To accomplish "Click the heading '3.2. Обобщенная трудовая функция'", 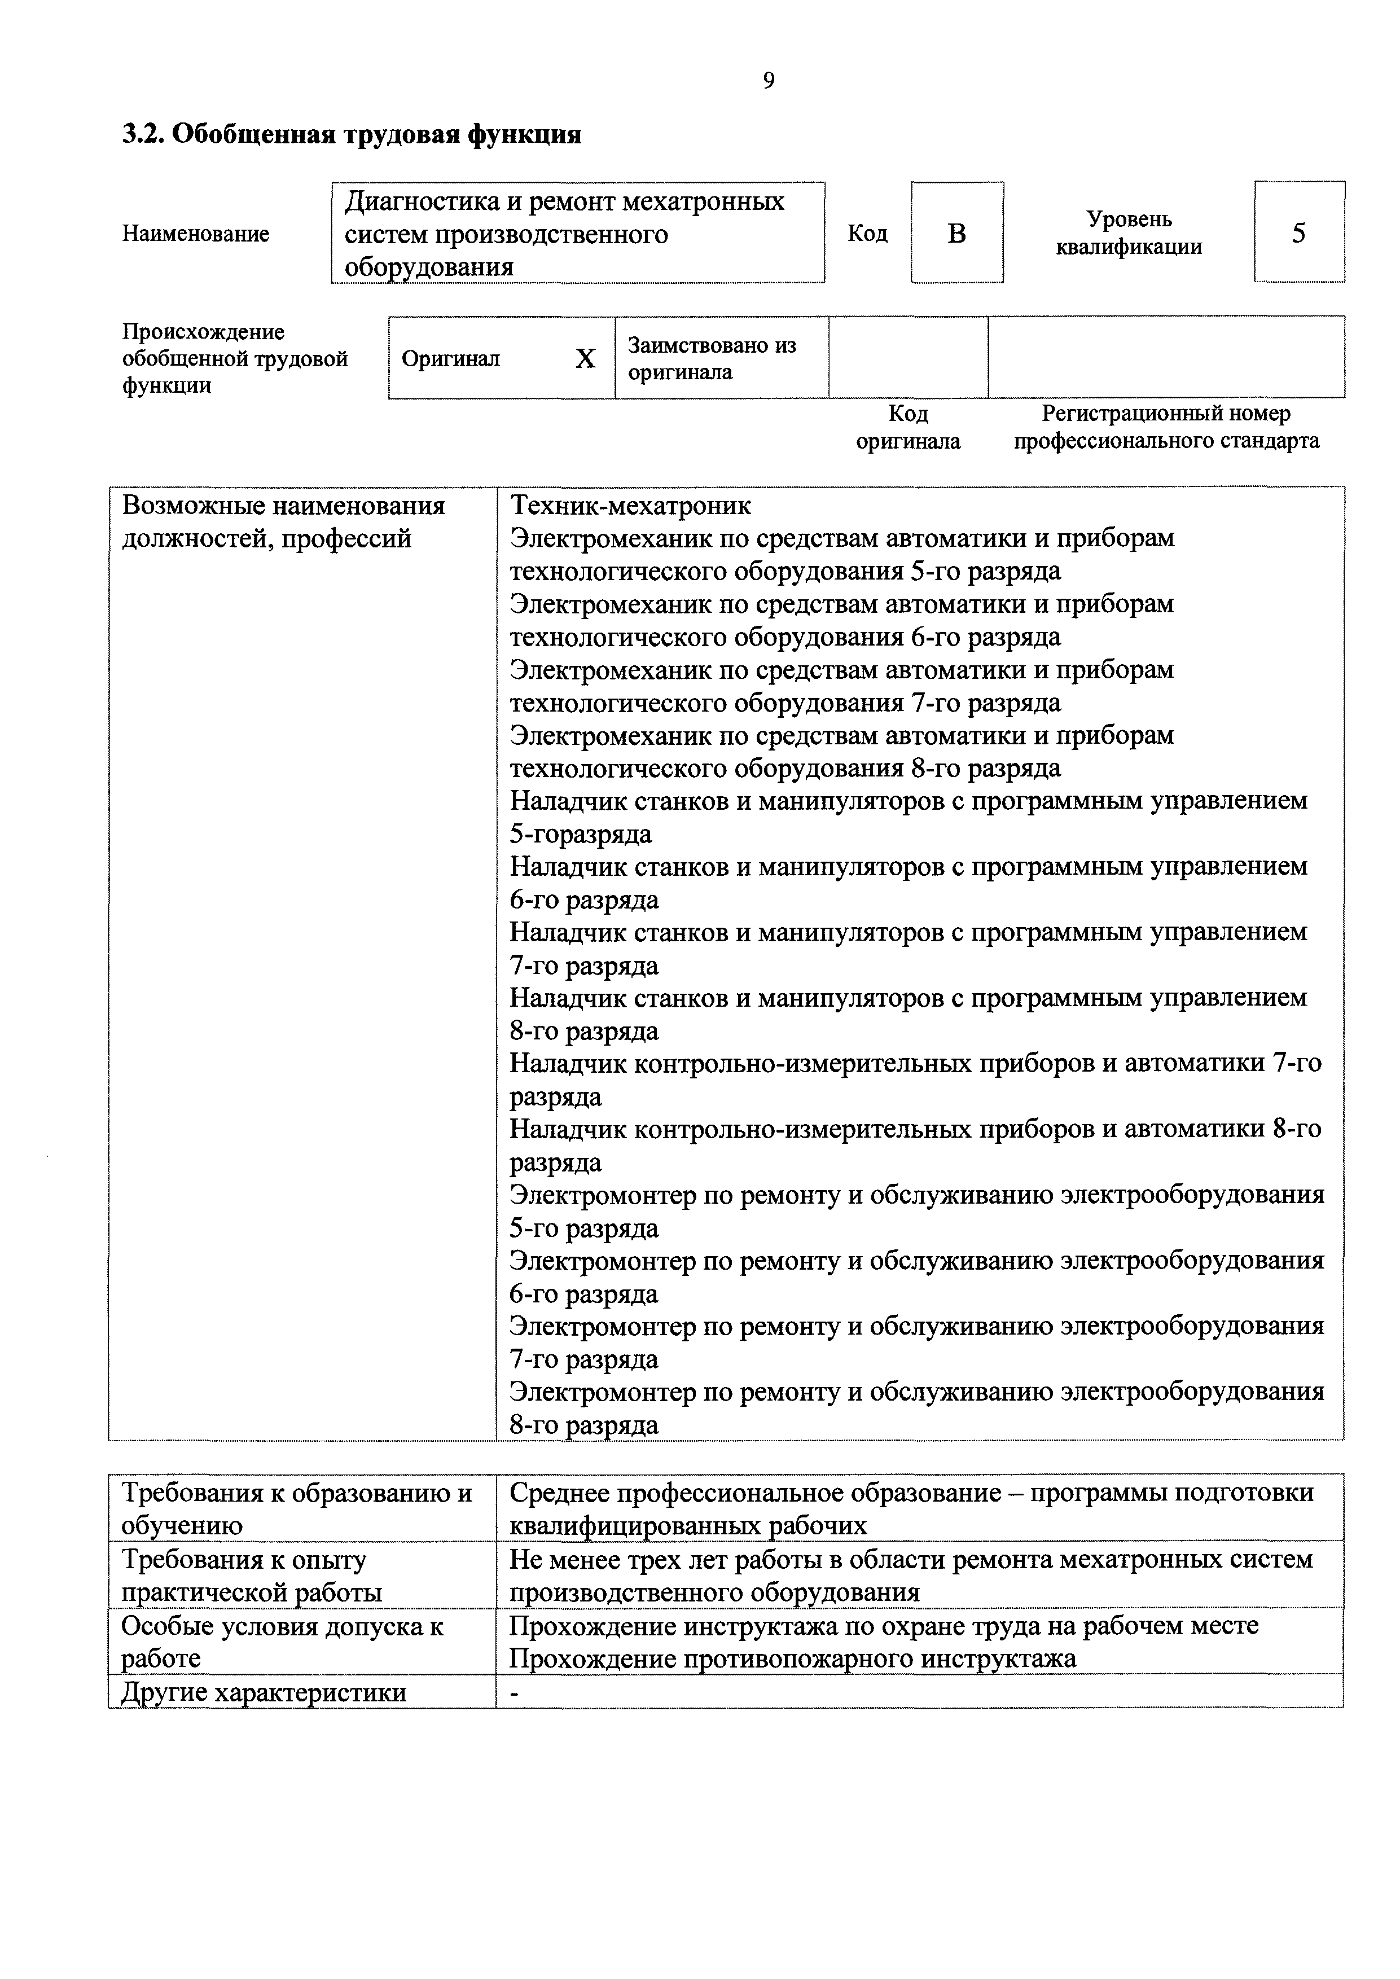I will (x=351, y=134).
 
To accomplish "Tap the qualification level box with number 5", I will (x=1298, y=232).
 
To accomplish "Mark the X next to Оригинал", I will (x=585, y=358).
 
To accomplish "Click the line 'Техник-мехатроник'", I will (x=630, y=505).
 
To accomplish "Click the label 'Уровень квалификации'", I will (x=1129, y=232).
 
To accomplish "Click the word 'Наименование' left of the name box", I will (x=196, y=234).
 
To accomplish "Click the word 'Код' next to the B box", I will (x=867, y=234).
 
